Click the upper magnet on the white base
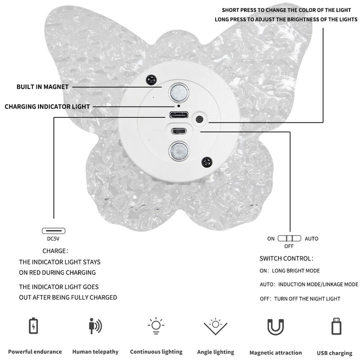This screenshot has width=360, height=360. click(x=179, y=93)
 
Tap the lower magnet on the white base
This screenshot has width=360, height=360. click(x=178, y=151)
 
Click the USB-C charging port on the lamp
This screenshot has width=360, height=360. click(x=179, y=115)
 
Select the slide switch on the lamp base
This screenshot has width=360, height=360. click(x=178, y=131)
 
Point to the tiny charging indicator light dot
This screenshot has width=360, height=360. click(x=178, y=106)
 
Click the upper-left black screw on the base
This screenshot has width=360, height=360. click(x=151, y=80)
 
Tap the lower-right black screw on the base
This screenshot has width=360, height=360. click(x=206, y=162)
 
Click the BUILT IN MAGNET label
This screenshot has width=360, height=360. click(x=42, y=87)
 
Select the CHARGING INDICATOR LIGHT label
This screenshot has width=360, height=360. click(x=47, y=106)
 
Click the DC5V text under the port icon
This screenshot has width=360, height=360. click(x=53, y=239)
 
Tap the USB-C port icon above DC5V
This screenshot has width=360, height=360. click(x=53, y=230)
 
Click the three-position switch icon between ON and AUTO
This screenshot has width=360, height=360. click(x=289, y=238)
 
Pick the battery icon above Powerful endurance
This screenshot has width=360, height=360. click(x=33, y=326)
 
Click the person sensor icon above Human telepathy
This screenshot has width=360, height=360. click(x=95, y=326)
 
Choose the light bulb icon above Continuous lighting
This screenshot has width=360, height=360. click(x=156, y=325)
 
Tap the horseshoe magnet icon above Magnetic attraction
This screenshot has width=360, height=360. click(x=275, y=326)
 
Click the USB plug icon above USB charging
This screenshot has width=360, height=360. click(x=336, y=326)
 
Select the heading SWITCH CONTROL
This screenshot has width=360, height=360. click(x=286, y=258)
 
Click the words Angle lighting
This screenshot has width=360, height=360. click(x=215, y=352)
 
